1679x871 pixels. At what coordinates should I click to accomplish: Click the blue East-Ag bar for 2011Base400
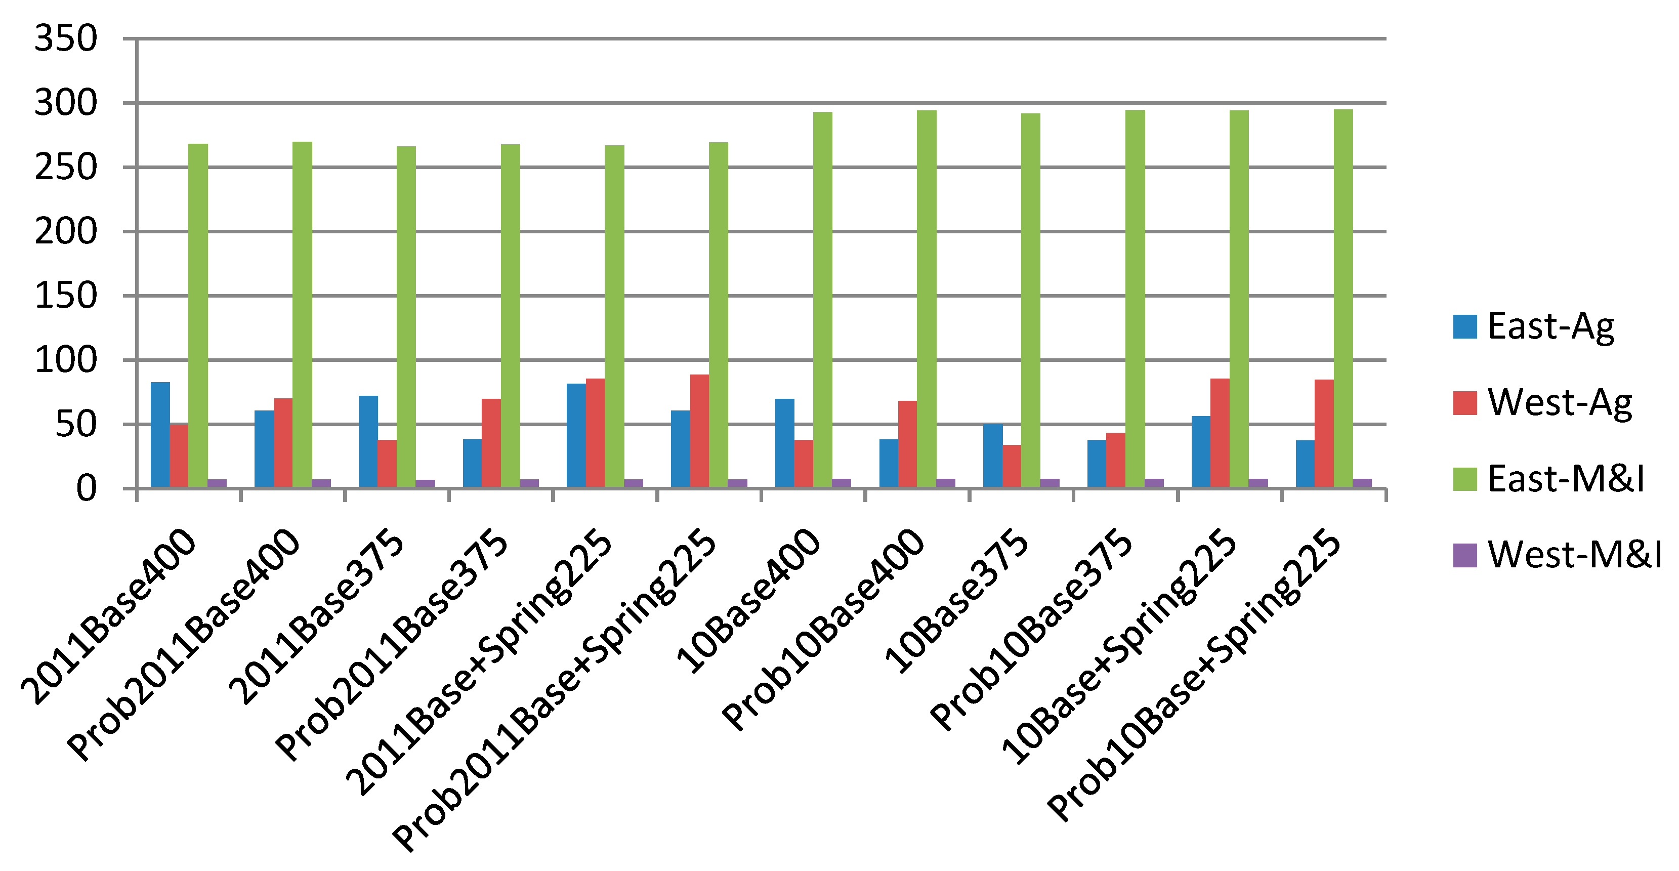(x=160, y=435)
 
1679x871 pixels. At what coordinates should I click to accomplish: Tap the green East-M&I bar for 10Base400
(x=823, y=300)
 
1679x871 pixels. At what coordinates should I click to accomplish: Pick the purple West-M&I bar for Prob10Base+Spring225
(x=1362, y=483)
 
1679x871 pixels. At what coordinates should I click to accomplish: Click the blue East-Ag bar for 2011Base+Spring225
(x=576, y=435)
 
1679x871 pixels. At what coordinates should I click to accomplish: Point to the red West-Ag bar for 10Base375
(x=1012, y=466)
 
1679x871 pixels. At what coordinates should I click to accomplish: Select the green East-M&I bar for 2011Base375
(x=406, y=317)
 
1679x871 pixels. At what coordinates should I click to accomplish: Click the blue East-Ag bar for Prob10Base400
(x=889, y=464)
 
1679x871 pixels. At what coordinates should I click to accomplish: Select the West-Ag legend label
(x=1559, y=402)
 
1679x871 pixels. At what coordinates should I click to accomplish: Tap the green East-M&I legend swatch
(x=1464, y=479)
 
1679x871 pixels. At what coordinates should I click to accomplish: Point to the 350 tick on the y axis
(x=65, y=39)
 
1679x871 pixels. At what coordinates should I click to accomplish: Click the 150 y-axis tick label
(x=65, y=296)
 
